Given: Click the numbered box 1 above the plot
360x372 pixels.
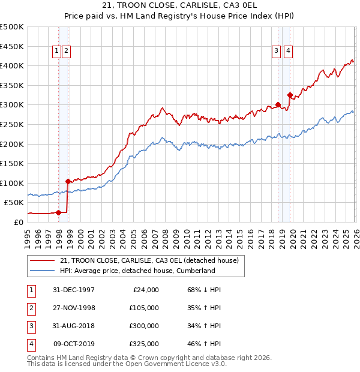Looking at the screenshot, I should (56, 52).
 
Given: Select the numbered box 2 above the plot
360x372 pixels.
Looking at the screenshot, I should (65, 52).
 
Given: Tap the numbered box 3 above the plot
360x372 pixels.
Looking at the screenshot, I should (276, 52).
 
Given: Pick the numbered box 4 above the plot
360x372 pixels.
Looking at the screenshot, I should (289, 52).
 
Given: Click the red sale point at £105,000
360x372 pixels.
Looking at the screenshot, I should (68, 181).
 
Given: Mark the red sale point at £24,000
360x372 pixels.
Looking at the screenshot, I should (58, 212).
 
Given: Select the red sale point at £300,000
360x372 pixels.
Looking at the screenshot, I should (278, 104).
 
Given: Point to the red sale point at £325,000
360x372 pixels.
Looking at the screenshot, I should (290, 95).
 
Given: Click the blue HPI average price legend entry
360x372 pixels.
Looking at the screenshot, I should (137, 271).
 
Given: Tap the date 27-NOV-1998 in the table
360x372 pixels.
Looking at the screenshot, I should (73, 308).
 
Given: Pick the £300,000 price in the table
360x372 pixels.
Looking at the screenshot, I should (144, 326).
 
